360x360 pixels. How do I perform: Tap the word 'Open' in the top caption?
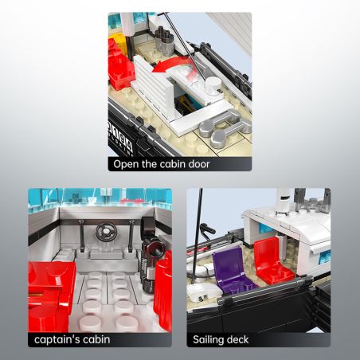127,164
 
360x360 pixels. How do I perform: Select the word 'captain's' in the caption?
57,340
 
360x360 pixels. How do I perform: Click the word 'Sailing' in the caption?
209,340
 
